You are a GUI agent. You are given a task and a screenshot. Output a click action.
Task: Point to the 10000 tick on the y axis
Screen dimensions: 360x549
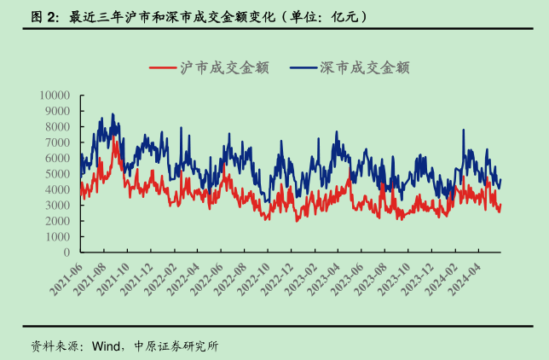[x=55, y=95]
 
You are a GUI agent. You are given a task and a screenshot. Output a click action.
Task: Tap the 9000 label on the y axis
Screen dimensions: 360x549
[x=57, y=111]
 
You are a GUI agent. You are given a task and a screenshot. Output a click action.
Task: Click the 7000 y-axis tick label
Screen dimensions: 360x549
[x=57, y=142]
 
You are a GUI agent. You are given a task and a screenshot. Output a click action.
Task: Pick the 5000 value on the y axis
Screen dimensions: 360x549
[x=57, y=174]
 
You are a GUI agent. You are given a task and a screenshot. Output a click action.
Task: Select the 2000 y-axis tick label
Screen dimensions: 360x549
[x=57, y=221]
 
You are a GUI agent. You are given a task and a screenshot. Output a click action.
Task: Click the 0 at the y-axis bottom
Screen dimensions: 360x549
[x=66, y=253]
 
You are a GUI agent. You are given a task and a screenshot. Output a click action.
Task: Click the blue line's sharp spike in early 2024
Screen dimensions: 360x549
[x=464, y=131]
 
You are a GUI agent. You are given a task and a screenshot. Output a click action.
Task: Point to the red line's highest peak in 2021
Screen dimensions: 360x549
[x=114, y=136]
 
